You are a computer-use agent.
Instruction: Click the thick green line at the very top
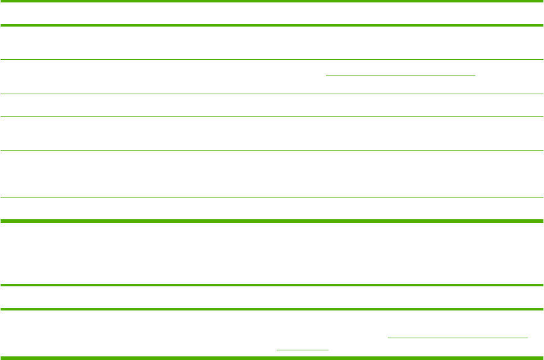(x=272, y=1)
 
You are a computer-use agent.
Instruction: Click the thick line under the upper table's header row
(x=272, y=25)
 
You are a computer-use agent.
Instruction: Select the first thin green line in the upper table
(x=272, y=59)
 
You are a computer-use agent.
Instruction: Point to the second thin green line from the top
(x=272, y=94)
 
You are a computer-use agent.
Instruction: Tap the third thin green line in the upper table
(x=272, y=117)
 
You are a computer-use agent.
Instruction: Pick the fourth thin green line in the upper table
(x=272, y=150)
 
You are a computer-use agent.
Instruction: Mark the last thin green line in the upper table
(x=272, y=197)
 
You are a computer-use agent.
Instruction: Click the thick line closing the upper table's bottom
(x=272, y=220)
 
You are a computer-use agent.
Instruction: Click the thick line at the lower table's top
(x=272, y=284)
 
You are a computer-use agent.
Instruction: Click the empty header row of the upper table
(x=272, y=13)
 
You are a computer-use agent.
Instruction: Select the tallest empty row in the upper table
(x=272, y=174)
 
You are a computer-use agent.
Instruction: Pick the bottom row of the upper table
(x=272, y=208)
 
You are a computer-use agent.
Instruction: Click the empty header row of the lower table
(x=272, y=297)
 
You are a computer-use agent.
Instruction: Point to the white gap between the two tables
(x=272, y=252)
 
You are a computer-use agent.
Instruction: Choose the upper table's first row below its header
(x=272, y=42)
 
